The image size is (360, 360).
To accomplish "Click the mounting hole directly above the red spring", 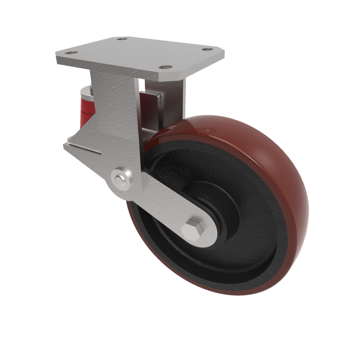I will (x=70, y=53).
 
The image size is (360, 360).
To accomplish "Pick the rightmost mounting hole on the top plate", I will (x=207, y=49).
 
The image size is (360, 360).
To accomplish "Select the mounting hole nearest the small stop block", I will (x=166, y=67).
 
